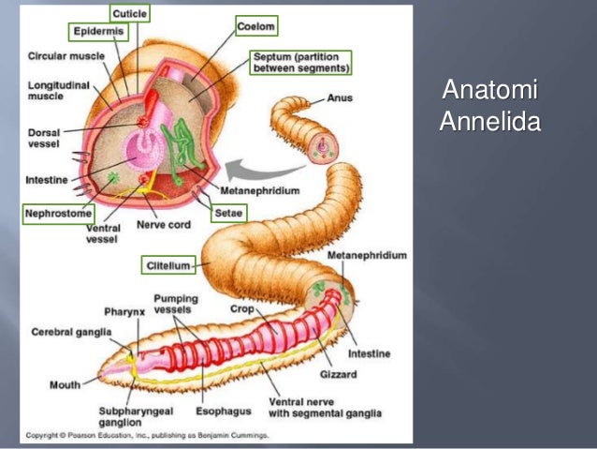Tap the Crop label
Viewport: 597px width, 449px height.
click(x=241, y=307)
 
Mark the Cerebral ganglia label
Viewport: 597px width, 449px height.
click(x=70, y=332)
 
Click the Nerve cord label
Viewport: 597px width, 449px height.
click(x=157, y=225)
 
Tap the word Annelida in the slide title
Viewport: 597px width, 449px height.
click(x=489, y=123)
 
